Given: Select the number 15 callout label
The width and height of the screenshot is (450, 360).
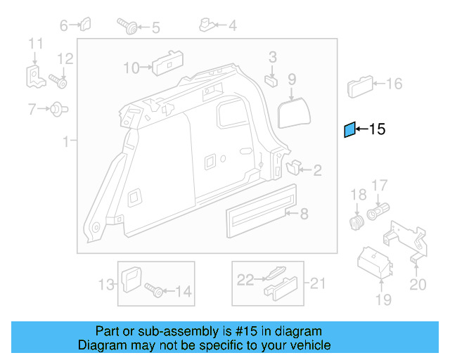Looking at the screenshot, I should click(x=378, y=129).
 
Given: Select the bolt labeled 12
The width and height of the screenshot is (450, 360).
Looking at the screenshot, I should click(x=58, y=81).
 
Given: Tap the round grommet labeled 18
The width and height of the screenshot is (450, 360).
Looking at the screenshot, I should click(x=357, y=223).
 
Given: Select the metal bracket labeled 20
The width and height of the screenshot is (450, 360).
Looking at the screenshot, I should click(x=412, y=243).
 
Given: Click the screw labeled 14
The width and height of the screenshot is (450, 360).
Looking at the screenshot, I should click(x=154, y=289).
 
